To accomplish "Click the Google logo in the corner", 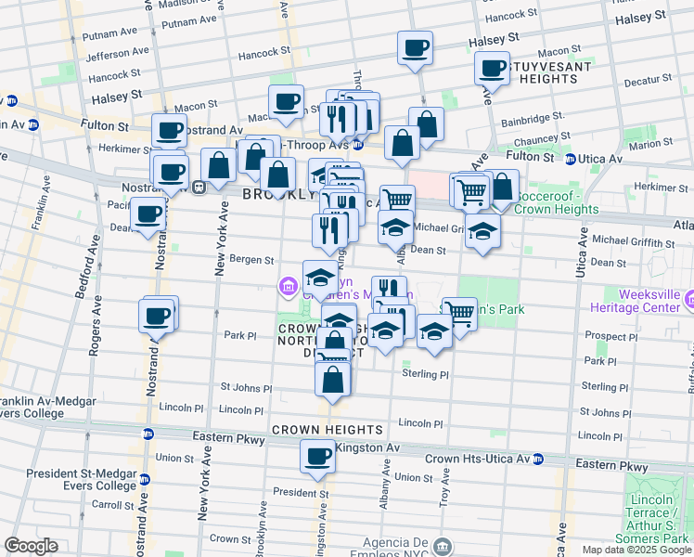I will coord(31,547).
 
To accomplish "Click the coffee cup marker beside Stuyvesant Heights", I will coord(492,68).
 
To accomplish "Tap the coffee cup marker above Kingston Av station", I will coord(317,457).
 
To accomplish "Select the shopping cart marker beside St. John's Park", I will coord(459,313).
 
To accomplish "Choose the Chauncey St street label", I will coord(539,138).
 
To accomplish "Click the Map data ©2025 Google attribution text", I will coord(636,550).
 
